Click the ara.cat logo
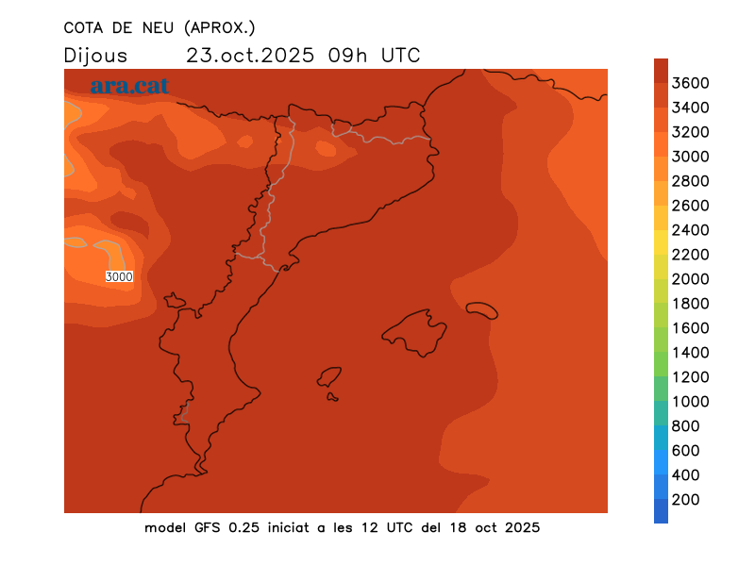coord(129,86)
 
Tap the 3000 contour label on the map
coord(119,276)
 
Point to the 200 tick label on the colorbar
coord(686,500)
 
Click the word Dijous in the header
coord(95,55)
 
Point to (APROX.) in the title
coord(222,27)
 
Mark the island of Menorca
coord(481,310)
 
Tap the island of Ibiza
coord(329,377)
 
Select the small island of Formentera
coord(332,397)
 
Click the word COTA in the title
coord(84,27)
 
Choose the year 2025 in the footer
coord(519,527)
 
